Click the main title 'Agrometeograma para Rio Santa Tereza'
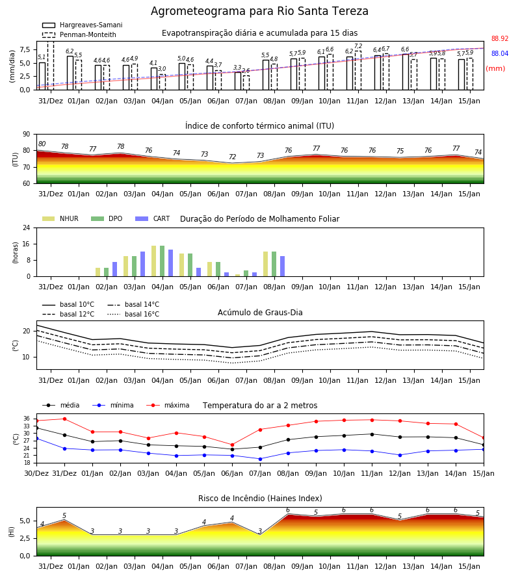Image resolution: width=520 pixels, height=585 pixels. [x=259, y=11]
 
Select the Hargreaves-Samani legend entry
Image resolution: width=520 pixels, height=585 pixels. [x=82, y=25]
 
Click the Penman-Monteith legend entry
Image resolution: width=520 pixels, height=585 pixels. [x=79, y=34]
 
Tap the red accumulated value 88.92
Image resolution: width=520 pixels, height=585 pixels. [x=500, y=38]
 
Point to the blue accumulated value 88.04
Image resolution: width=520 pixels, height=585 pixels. [x=500, y=53]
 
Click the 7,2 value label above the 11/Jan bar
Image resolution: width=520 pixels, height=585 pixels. [x=358, y=46]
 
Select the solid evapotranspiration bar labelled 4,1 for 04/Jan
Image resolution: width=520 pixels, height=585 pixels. [x=154, y=79]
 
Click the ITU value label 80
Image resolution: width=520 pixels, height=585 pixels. [x=42, y=144]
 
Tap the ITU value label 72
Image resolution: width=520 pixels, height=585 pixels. [x=233, y=157]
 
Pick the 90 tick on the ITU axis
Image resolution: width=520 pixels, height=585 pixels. [x=27, y=135]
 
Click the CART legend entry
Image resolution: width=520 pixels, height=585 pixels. [x=152, y=218]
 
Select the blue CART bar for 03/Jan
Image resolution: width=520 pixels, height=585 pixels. [x=142, y=264]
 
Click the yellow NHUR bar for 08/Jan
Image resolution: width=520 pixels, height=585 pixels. [x=266, y=264]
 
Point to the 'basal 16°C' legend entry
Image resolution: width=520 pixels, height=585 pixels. [x=133, y=314]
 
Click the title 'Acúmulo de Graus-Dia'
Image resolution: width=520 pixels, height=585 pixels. [x=260, y=312]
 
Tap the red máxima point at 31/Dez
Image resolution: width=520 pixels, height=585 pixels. [x=64, y=419]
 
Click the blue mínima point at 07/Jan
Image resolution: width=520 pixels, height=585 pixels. [x=261, y=459]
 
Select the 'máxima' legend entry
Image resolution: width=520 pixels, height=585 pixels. [x=168, y=405]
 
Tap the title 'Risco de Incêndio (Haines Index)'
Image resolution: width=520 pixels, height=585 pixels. [x=260, y=498]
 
